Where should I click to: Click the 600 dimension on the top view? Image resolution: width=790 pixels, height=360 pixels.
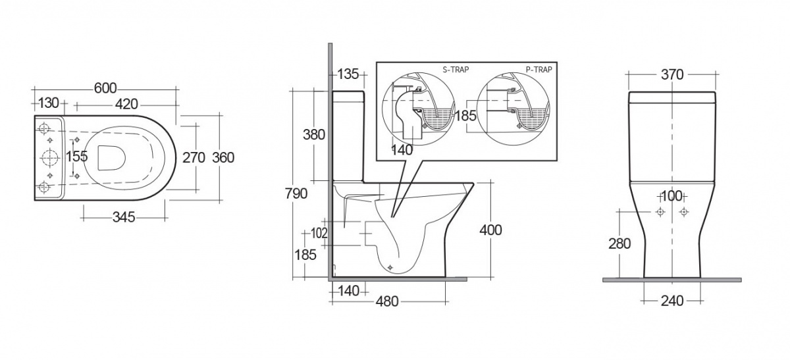click(105, 88)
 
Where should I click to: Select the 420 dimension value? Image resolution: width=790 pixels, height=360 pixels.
click(126, 105)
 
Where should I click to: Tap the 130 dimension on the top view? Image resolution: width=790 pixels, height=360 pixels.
click(48, 103)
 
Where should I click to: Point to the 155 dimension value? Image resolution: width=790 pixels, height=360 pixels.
click(77, 156)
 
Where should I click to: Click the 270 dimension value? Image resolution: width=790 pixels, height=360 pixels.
click(194, 157)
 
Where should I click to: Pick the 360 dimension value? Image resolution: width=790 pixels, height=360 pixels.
click(223, 157)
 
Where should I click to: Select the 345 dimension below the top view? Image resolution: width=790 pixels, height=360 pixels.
click(124, 217)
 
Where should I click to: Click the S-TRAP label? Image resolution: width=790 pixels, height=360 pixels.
click(456, 70)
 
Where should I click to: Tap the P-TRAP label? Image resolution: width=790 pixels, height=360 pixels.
click(539, 70)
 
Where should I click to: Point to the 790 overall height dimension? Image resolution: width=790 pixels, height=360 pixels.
click(296, 193)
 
